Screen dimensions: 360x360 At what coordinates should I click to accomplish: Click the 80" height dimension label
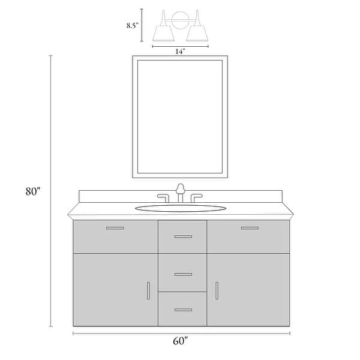pos(33,191)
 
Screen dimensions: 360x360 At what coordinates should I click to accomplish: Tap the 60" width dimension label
pos(180,341)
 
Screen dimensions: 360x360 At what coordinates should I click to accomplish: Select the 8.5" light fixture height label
pos(133,25)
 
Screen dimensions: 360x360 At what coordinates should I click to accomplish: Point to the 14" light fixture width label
pos(180,51)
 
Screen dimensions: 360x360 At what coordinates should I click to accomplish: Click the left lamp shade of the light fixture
pos(163,33)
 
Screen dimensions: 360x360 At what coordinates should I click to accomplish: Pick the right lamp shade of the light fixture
pos(197,33)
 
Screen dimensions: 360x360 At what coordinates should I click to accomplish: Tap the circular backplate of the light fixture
pos(181,20)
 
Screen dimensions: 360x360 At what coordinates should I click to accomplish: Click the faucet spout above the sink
pos(181,193)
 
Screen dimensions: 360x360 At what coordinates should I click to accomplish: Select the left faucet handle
pos(163,197)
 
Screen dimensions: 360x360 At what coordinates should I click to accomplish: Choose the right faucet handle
pos(196,197)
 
